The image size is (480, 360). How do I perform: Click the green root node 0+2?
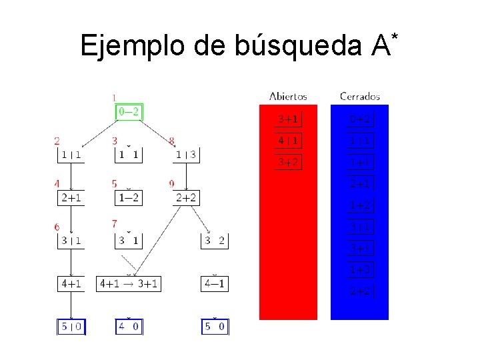coord(129,112)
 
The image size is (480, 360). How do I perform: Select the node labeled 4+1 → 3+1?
coord(129,284)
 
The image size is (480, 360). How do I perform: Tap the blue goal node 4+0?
coord(129,327)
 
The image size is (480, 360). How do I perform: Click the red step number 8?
coord(172,141)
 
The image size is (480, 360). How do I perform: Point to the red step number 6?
coord(57,227)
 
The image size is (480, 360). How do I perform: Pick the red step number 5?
coord(115,183)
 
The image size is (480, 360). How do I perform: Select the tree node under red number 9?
coord(187,197)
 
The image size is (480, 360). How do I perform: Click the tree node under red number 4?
coord(71,197)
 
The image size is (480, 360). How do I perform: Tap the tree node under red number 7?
coord(129,241)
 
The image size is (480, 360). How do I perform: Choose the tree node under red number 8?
coord(187,155)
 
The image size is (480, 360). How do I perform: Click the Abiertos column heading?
coord(288,96)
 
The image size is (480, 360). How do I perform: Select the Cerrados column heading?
coord(360,96)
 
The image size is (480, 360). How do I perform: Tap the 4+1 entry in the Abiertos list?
coord(288,141)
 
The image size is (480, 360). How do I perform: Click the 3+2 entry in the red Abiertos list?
coord(288,162)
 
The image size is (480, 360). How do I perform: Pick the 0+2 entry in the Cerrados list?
coord(361,119)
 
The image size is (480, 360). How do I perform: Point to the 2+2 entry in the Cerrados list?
coord(361,291)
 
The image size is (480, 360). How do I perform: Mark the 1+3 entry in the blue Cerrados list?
coord(361,270)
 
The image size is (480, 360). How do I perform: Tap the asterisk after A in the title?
coord(395,33)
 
